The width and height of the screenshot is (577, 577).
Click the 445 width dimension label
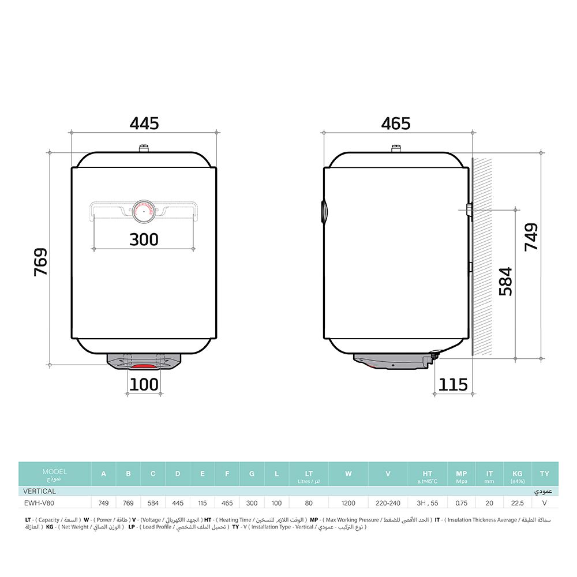coord(144,123)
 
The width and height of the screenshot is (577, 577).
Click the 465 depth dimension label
coord(396,123)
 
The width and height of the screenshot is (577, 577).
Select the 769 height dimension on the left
coord(40,261)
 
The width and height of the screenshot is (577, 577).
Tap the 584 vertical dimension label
coord(505,281)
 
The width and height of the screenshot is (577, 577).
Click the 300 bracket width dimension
coord(144,239)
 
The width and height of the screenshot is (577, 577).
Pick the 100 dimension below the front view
coord(144,384)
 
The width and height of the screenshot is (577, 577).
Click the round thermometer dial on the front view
coord(143,212)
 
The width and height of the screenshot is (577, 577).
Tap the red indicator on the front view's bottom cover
coord(143,366)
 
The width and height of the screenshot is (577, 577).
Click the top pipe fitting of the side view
coord(396,149)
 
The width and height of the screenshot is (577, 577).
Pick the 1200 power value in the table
coord(348,503)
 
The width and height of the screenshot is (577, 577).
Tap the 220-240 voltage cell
coord(388,503)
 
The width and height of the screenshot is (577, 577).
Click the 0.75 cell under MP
coord(461,503)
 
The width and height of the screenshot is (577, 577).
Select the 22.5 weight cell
coord(517,503)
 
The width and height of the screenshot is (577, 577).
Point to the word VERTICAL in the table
coord(39,491)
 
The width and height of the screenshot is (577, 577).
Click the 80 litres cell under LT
coord(309,503)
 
